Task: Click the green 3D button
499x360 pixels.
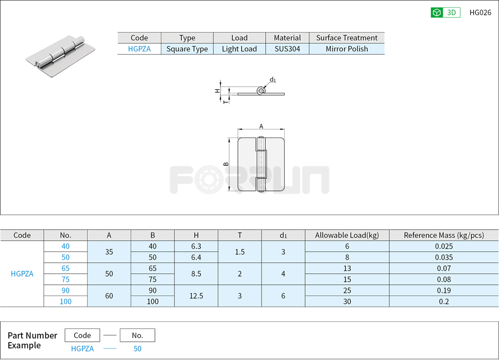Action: pos(445,13)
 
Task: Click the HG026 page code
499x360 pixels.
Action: pos(480,13)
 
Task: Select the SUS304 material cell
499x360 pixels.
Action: pos(287,49)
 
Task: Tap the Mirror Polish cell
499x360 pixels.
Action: pos(347,49)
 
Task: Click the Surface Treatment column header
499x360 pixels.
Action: pos(347,38)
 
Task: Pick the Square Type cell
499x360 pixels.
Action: pos(187,49)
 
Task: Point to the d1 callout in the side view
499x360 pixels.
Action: pos(273,80)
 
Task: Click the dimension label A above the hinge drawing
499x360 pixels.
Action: pos(261,126)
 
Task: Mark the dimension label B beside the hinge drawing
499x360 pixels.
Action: pos(226,164)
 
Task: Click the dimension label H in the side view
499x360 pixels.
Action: pos(217,90)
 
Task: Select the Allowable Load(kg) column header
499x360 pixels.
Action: pos(347,235)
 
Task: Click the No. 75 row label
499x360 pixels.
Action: pos(65,279)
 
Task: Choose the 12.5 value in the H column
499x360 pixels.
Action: pos(196,296)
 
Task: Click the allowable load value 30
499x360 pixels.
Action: pos(347,301)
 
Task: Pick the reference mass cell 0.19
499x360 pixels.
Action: pos(443,290)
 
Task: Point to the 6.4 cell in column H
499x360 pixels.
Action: pos(196,257)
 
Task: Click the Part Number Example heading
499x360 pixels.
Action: pos(33,340)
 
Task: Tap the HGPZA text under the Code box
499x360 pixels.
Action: pos(82,348)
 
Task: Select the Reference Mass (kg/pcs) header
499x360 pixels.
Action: pos(443,235)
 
